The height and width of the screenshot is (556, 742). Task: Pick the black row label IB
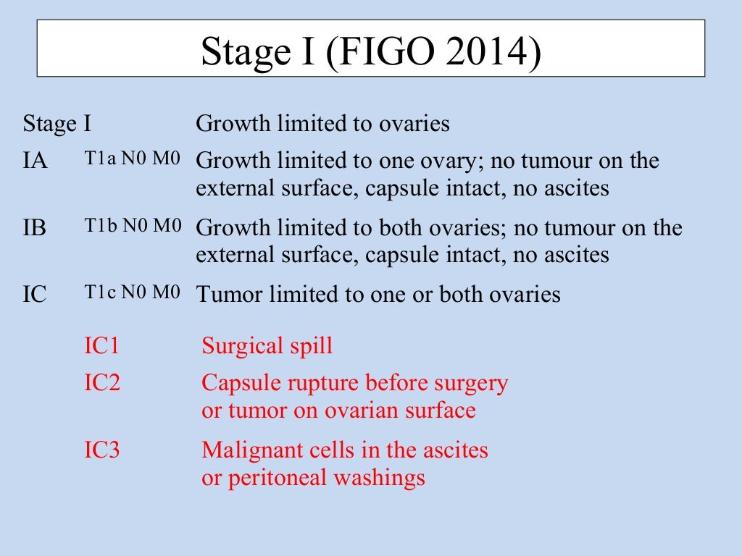(35, 229)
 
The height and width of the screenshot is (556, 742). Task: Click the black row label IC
(36, 295)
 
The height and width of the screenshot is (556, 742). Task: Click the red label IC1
(101, 345)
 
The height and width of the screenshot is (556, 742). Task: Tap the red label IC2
(101, 382)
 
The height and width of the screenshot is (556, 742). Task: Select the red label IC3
(101, 450)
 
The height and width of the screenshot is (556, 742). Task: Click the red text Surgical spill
(267, 346)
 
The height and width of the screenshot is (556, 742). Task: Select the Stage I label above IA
(57, 124)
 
